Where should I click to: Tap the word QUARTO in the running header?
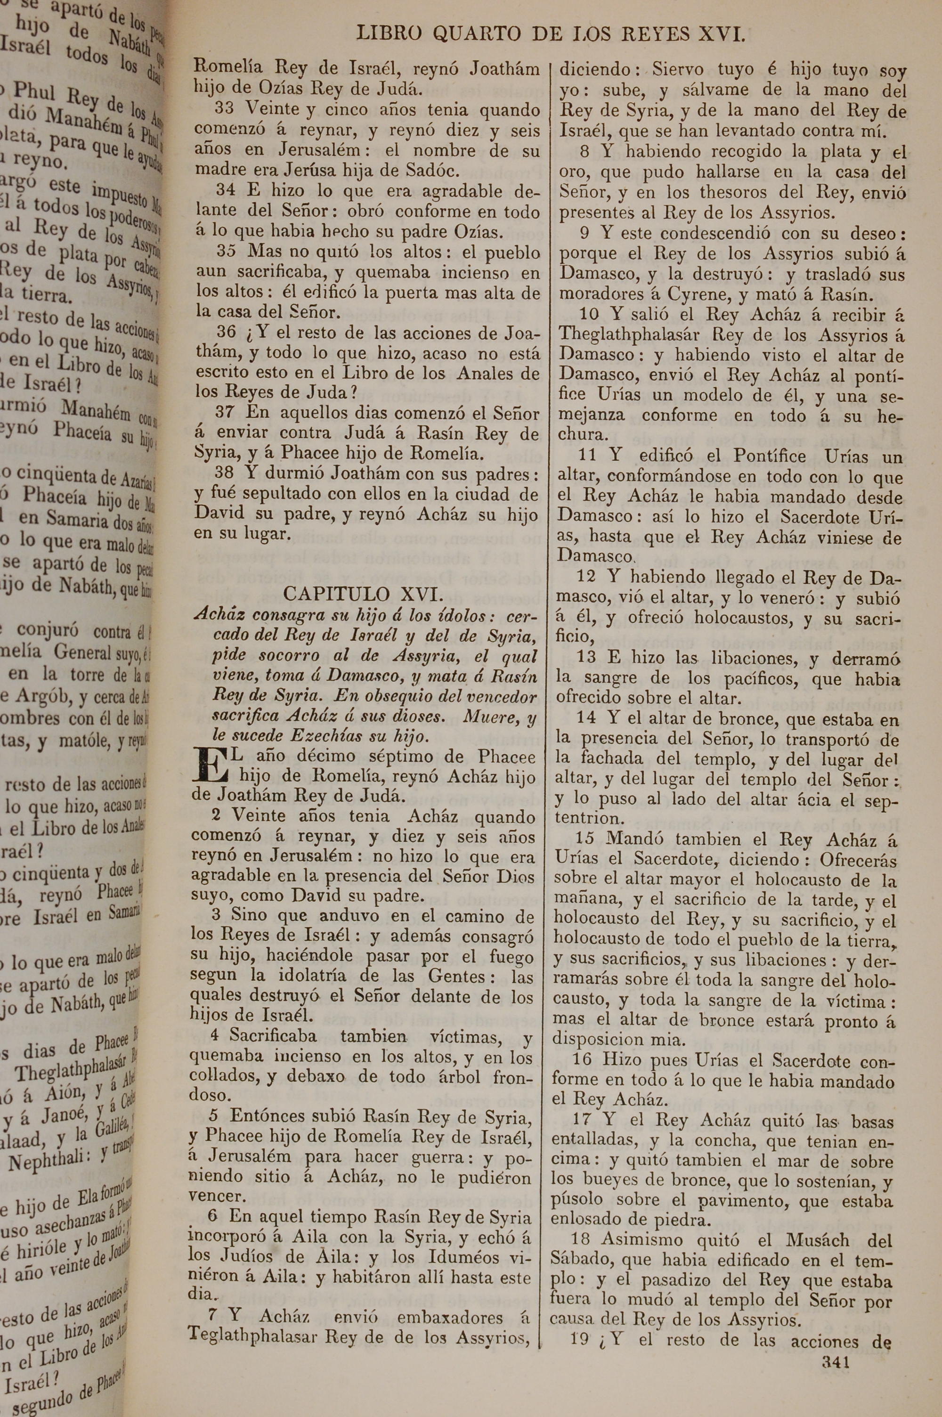476,34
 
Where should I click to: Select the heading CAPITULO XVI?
364,594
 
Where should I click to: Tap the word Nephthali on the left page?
49,1161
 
